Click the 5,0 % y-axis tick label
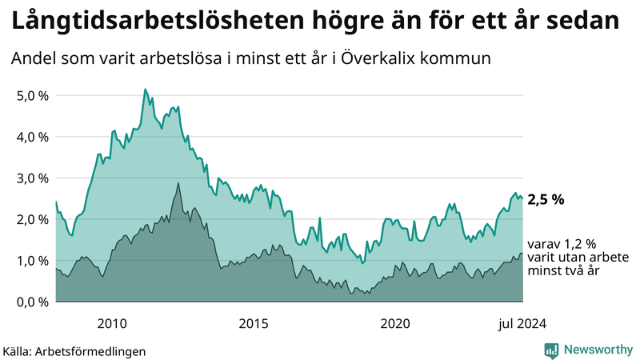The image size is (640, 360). [32, 95]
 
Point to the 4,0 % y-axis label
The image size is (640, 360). [32, 137]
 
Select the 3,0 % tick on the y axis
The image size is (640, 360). [32, 178]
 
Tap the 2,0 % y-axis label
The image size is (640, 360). [32, 219]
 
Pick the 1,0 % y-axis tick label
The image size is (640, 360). [32, 261]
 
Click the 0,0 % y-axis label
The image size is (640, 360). [32, 302]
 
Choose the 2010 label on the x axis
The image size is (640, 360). [112, 323]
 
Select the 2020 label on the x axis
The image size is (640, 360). [395, 323]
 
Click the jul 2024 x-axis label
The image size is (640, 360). [522, 323]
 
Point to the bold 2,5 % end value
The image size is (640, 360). [546, 200]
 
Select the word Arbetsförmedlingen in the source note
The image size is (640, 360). [95, 350]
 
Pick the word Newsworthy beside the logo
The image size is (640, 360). [598, 350]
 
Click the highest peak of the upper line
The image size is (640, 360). [145, 89]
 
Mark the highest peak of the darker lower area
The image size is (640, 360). [178, 183]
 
